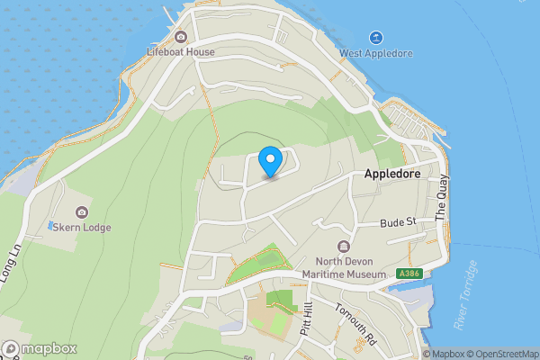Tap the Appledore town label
[393, 176]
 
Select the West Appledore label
[376, 53]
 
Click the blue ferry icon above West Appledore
[376, 38]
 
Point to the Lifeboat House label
[181, 52]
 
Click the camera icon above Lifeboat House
[181, 37]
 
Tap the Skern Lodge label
[82, 228]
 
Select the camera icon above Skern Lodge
[82, 212]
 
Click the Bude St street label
[397, 222]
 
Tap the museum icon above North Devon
[343, 247]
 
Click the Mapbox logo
[40, 348]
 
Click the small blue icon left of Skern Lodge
[51, 224]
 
